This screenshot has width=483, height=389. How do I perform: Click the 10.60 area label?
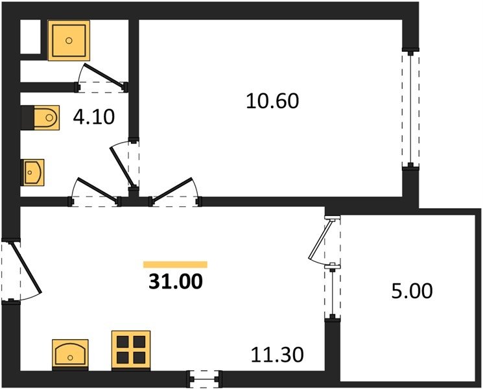[x=272, y=101]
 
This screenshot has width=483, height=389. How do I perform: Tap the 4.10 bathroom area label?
[x=94, y=117]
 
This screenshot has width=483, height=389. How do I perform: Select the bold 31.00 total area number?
[x=176, y=281]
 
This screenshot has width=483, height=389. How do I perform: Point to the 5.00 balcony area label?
[x=412, y=291]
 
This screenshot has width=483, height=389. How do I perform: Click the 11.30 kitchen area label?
[x=277, y=355]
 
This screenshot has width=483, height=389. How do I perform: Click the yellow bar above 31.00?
[x=175, y=265]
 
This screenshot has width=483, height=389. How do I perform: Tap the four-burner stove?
[x=131, y=351]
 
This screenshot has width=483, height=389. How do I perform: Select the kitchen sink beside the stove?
[x=70, y=355]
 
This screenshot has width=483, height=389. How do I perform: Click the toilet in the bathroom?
[x=47, y=117]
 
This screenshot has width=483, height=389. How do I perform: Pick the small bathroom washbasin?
[x=32, y=172]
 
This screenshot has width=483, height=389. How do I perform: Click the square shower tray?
[x=69, y=40]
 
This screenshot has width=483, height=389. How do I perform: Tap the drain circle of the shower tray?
[x=69, y=40]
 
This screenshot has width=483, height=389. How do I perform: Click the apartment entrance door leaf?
[x=26, y=267]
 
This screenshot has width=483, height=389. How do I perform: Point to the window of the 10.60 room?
[x=410, y=109]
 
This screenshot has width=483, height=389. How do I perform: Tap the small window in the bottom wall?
[x=205, y=379]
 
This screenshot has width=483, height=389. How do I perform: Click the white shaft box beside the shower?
[x=30, y=37]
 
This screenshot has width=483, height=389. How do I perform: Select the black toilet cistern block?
[x=27, y=117]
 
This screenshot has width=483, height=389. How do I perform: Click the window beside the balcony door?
[x=333, y=292]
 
